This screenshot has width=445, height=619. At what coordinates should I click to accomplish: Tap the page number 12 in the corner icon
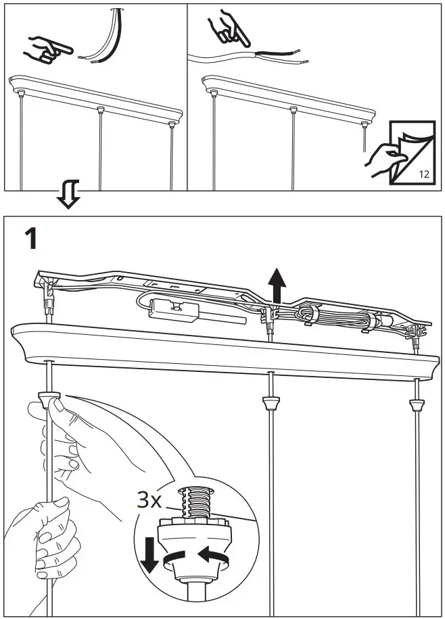click(x=424, y=174)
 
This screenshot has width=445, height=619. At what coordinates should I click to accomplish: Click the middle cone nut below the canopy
click(x=271, y=402)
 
